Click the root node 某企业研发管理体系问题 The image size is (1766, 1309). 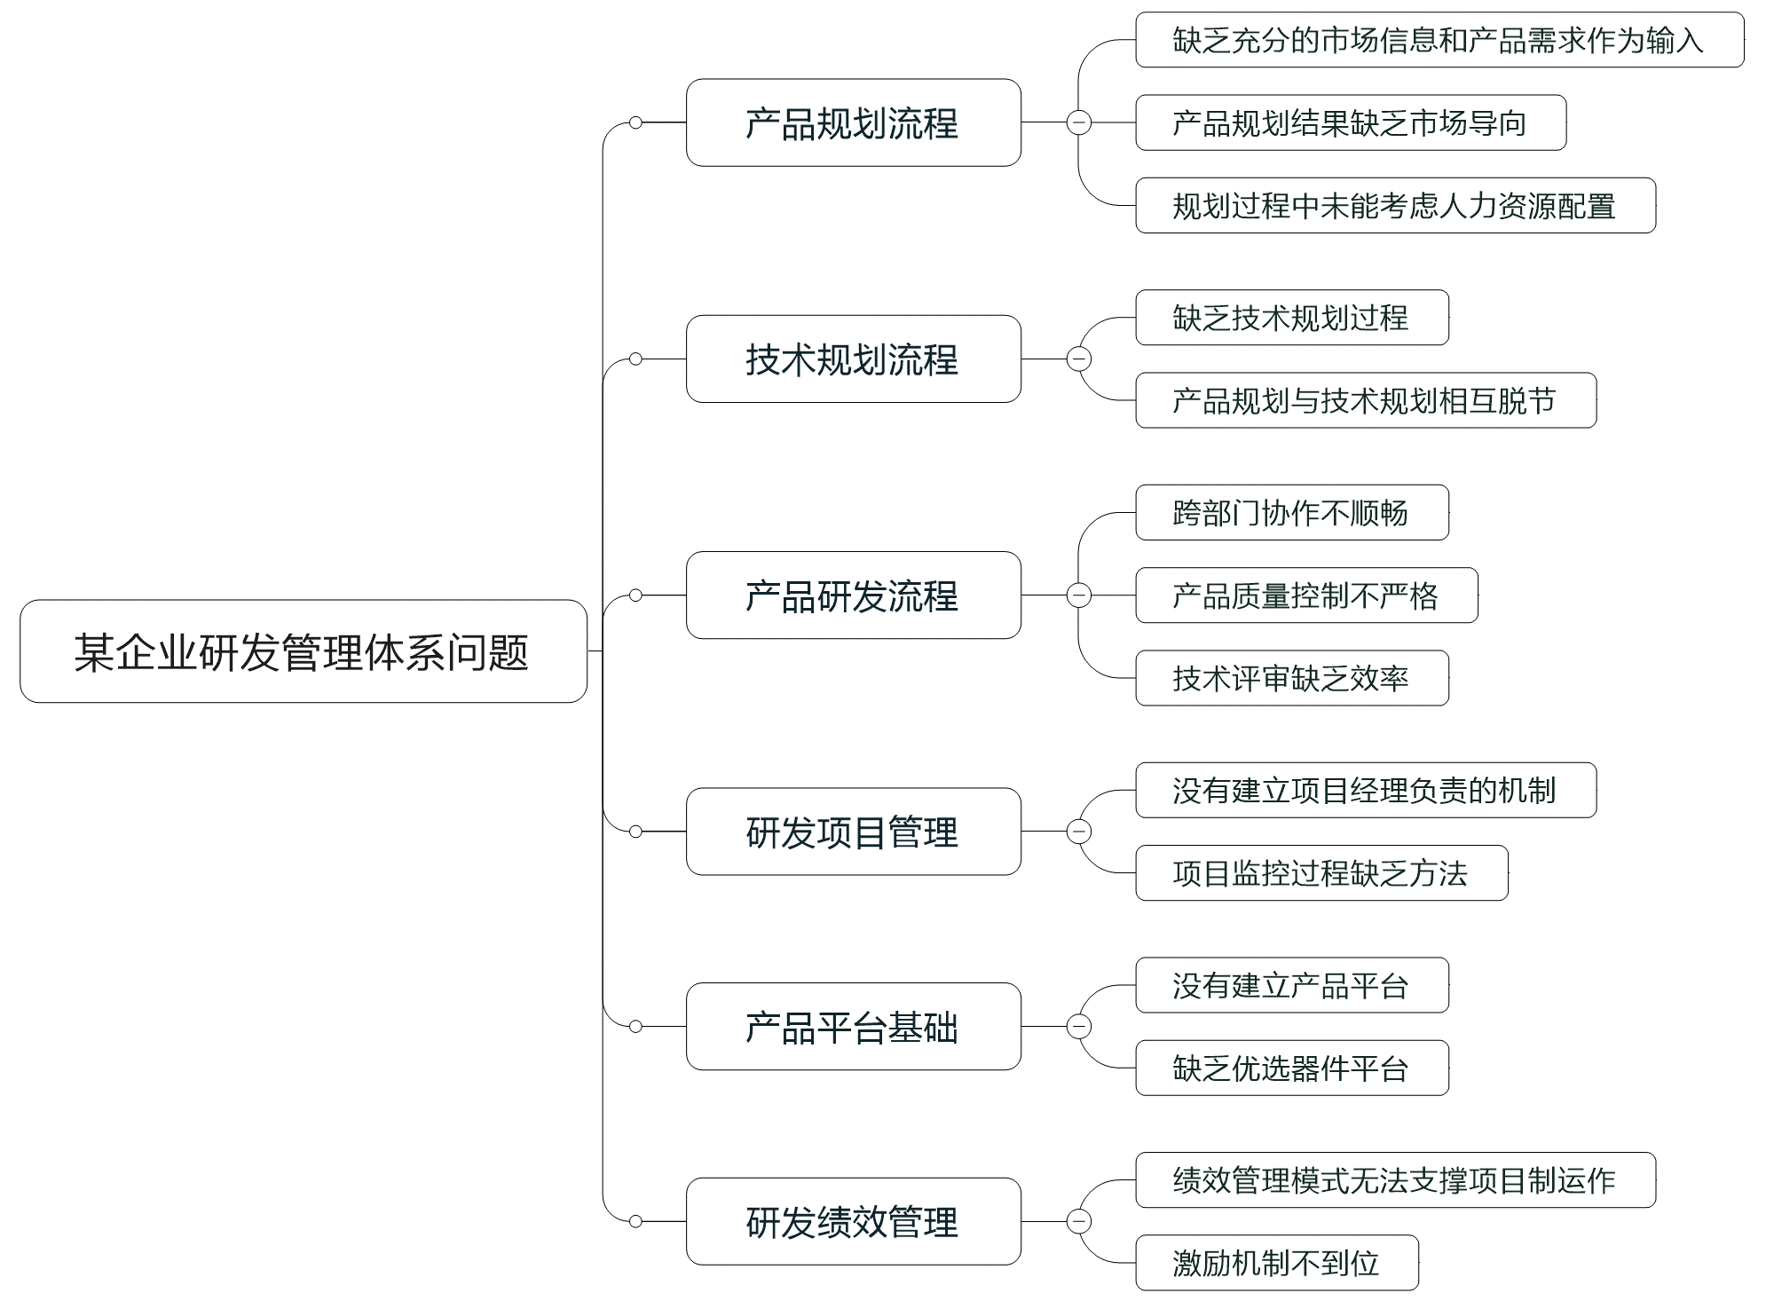point(303,651)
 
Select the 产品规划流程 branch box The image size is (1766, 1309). point(853,122)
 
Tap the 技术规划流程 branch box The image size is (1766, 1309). point(853,359)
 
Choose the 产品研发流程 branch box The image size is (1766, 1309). point(853,595)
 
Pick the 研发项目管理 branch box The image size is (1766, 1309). point(853,832)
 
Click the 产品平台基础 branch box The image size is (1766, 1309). point(853,1026)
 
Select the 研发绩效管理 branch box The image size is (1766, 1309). point(853,1221)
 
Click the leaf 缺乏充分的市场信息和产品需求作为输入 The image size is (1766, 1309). point(1439,40)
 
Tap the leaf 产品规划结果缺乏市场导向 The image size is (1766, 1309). point(1350,122)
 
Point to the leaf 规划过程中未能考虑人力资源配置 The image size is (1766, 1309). point(1394,206)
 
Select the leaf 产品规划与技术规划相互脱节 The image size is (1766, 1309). point(1365,400)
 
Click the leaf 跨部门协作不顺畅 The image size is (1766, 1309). point(1291,512)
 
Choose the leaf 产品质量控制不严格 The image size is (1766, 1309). point(1305,595)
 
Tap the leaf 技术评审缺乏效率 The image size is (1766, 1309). point(1291,678)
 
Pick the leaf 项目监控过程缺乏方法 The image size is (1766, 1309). point(1321,873)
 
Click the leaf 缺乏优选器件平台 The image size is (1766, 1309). point(1291,1068)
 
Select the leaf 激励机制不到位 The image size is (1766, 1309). point(1276,1262)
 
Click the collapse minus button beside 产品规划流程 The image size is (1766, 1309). point(1078,122)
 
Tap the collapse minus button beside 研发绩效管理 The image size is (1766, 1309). point(1078,1221)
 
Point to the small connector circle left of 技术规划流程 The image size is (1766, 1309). point(635,359)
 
